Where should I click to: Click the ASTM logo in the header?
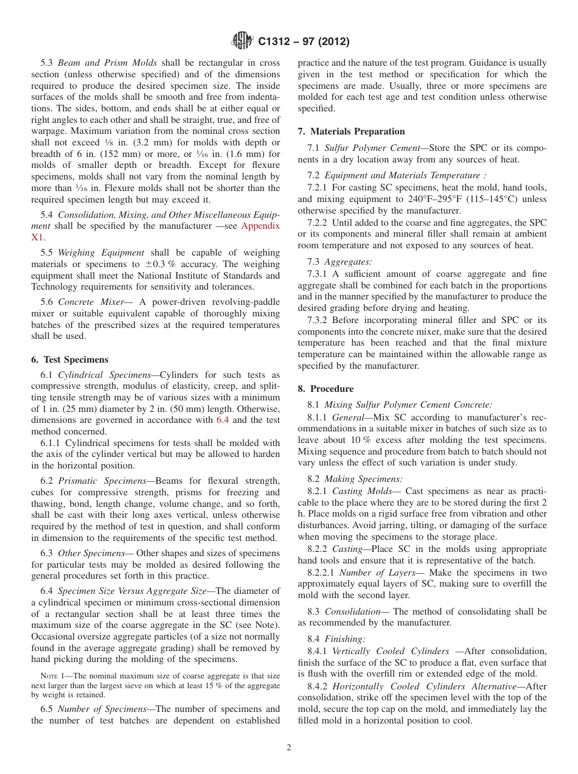tap(242, 41)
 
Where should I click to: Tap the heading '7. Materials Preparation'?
tap(351, 131)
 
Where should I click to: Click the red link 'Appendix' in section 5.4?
tap(260, 226)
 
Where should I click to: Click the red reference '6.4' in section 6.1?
tap(224, 420)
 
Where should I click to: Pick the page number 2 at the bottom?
tap(289, 748)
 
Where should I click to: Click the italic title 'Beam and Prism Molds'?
tap(107, 63)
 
